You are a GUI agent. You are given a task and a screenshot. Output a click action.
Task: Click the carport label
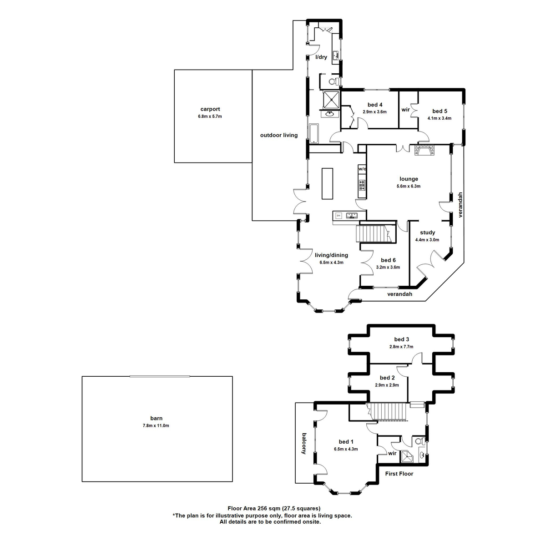[210, 109]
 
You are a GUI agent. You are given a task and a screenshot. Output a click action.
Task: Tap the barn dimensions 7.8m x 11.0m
[157, 425]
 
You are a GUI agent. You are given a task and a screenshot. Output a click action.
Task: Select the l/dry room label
[321, 57]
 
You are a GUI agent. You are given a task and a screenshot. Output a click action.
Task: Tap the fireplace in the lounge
[424, 151]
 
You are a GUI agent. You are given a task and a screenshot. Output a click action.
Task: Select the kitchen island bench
[327, 183]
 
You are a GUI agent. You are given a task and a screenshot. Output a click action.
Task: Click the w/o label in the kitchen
[362, 169]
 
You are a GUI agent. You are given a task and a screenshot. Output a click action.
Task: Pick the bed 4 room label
[374, 105]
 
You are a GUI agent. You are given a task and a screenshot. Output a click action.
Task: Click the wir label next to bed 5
[405, 110]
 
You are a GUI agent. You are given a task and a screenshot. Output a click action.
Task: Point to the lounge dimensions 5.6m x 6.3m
[409, 186]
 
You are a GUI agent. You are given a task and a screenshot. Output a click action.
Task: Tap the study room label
[427, 233]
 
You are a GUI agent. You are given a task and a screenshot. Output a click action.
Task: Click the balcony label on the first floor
[303, 443]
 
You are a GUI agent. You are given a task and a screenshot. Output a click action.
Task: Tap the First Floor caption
[399, 473]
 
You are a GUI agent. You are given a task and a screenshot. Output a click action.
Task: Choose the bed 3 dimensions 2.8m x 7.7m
[401, 347]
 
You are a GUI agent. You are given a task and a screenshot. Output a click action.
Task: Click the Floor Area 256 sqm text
[274, 508]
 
